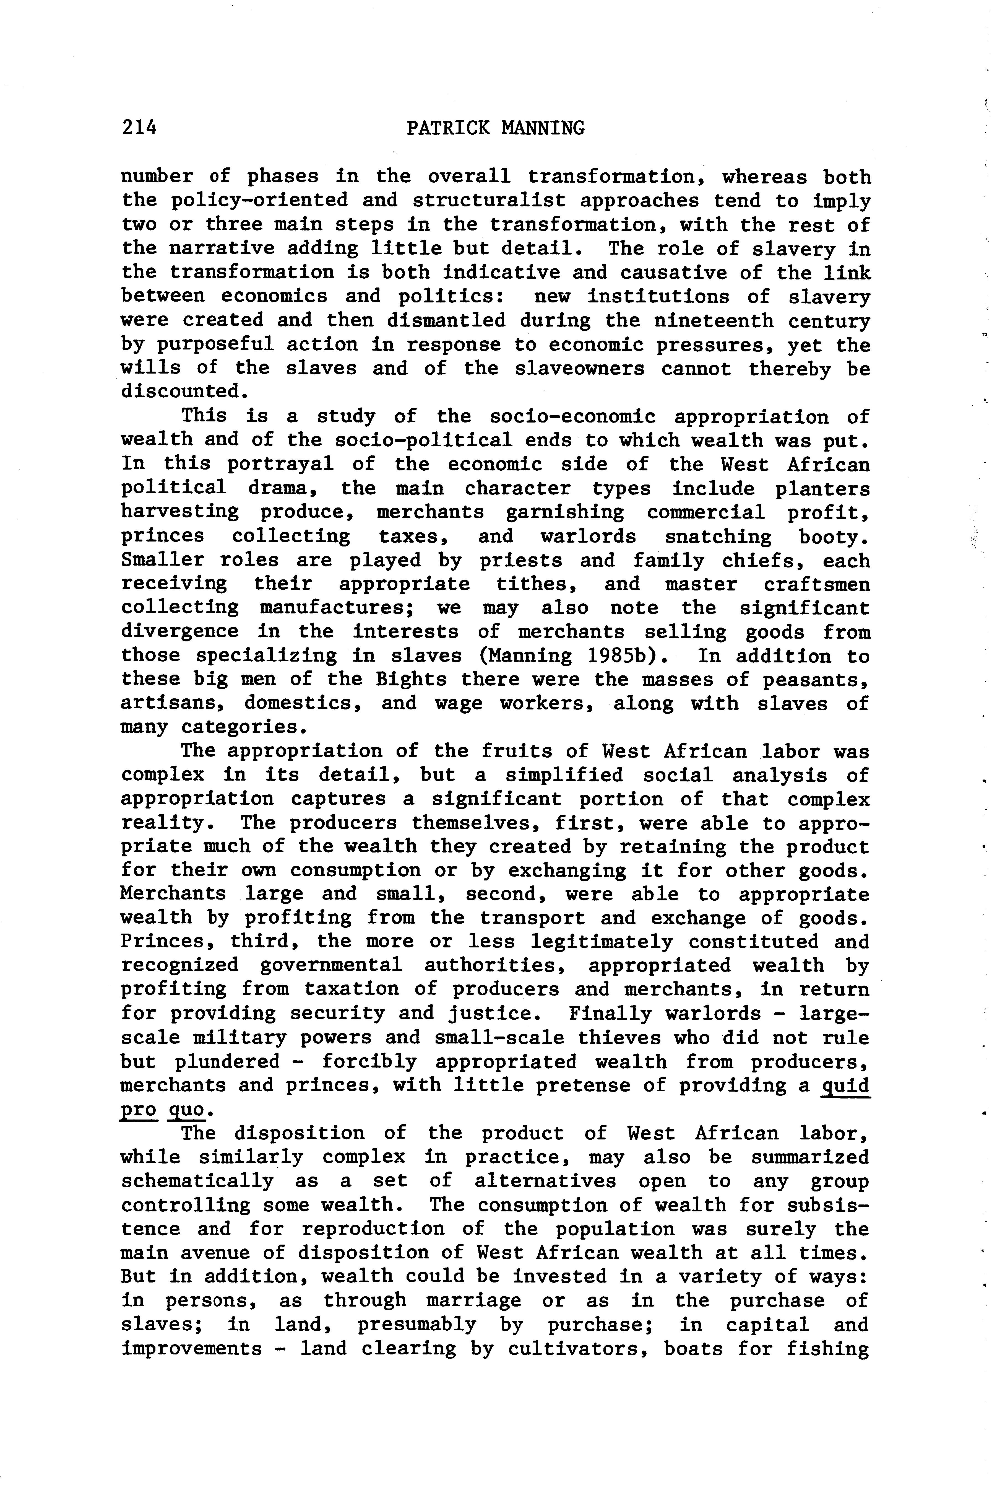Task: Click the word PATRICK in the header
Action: point(448,128)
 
